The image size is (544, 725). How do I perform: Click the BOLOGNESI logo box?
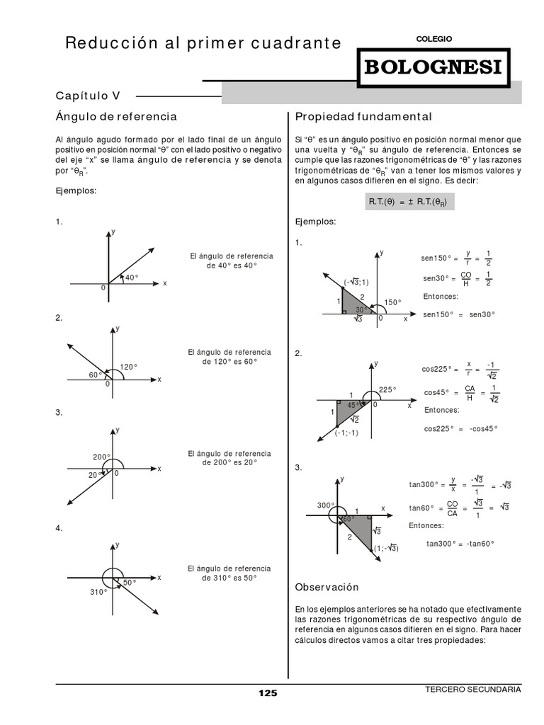[433, 68]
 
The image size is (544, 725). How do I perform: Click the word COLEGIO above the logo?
[433, 39]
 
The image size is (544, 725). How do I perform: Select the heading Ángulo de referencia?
[116, 116]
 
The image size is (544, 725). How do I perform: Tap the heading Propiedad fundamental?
[363, 116]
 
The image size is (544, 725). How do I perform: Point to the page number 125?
[268, 693]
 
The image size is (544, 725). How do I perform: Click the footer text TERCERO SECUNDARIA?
[472, 689]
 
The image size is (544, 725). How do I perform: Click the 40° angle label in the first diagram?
[132, 278]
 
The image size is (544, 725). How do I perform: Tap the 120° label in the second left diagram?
[128, 367]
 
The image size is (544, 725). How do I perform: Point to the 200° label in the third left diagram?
[101, 457]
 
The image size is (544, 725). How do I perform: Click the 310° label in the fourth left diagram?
[98, 592]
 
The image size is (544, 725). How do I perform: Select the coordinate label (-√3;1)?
[356, 282]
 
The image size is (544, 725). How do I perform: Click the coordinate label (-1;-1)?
[346, 433]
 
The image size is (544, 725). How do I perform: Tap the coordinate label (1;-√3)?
[386, 548]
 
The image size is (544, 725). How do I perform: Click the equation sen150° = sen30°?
[459, 314]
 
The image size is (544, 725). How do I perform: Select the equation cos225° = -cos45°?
[460, 428]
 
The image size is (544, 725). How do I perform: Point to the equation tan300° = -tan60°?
[460, 544]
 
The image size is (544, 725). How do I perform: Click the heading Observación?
[327, 587]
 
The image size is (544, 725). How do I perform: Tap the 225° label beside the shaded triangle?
[387, 389]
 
